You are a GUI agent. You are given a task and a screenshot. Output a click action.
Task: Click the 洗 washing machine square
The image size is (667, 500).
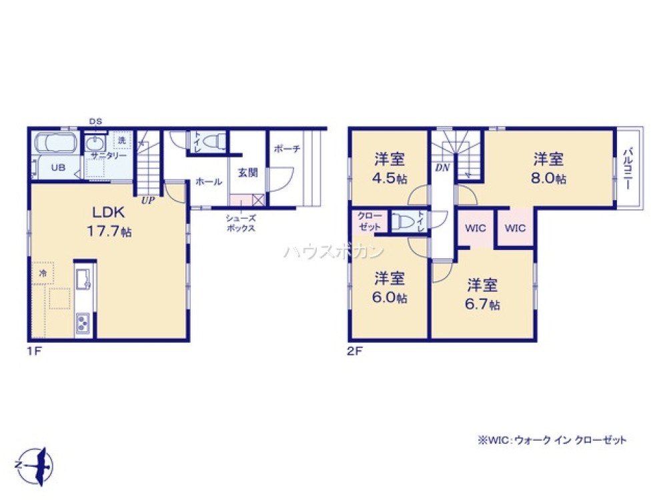122,141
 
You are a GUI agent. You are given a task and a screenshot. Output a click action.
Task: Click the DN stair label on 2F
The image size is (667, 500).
442,168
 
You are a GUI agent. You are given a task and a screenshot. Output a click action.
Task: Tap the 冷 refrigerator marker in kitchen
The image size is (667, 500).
42,273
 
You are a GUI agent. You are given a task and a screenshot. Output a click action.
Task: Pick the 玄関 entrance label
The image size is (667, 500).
248,173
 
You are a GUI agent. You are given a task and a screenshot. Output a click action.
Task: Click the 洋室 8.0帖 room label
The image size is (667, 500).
549,169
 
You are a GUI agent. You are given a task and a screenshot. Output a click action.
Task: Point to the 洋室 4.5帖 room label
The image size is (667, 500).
390,169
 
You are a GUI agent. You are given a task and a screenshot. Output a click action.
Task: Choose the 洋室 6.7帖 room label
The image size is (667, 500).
482,294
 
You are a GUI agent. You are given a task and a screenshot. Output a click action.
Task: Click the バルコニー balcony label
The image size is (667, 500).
628,169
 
